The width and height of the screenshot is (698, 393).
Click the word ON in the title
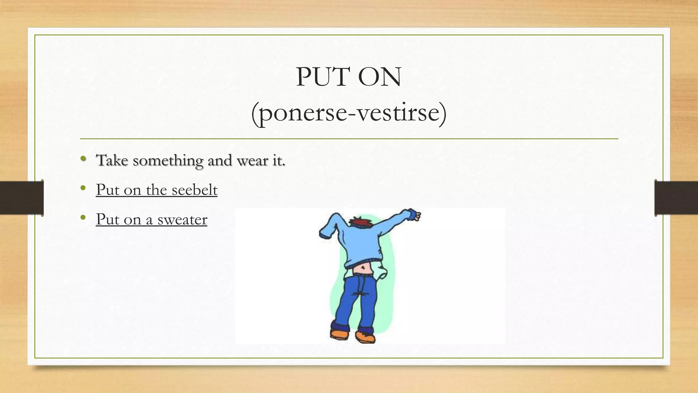379,77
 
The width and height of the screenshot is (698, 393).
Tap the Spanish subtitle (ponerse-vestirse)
349,113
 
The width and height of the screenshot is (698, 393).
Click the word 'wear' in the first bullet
252,160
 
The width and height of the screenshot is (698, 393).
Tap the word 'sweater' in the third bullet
182,219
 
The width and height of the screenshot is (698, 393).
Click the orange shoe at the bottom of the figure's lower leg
365,337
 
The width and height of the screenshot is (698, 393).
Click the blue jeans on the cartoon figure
356,300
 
